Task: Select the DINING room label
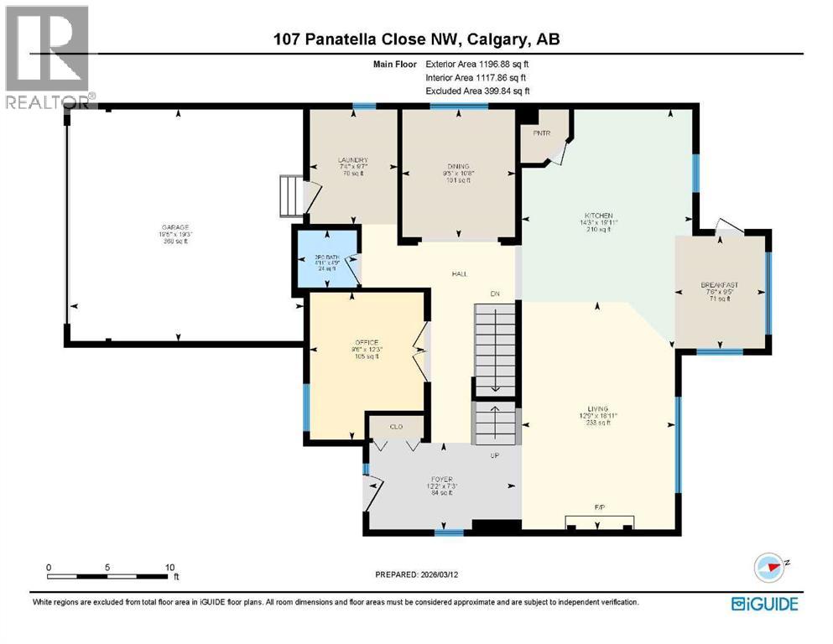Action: coord(458,166)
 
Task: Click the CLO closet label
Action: coord(396,427)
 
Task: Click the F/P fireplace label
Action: coord(599,508)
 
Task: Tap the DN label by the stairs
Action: coord(495,293)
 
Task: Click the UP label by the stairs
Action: coord(495,455)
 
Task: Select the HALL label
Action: coord(459,274)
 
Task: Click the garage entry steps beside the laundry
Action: coord(290,196)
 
